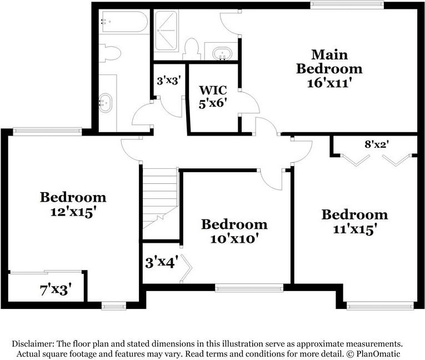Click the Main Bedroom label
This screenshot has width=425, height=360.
tap(329, 62)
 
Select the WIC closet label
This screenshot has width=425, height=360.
tap(213, 89)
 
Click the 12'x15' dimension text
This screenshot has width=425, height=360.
tap(73, 212)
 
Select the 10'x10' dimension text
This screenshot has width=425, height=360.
tap(234, 239)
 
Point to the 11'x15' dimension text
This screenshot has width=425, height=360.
tap(354, 229)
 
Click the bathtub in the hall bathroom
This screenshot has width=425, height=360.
tap(123, 22)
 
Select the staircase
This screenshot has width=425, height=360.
tap(159, 197)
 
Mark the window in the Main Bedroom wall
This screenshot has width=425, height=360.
tap(347, 5)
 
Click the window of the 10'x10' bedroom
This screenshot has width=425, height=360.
tap(249, 288)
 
